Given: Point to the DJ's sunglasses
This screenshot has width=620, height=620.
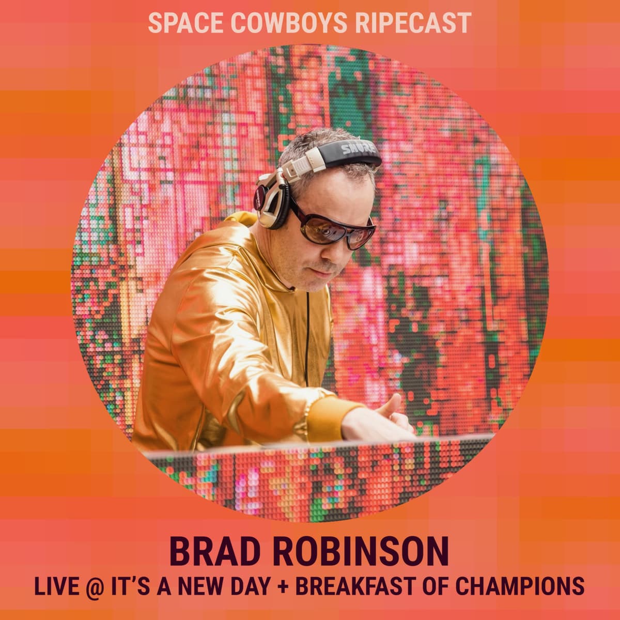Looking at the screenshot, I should (x=336, y=225).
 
